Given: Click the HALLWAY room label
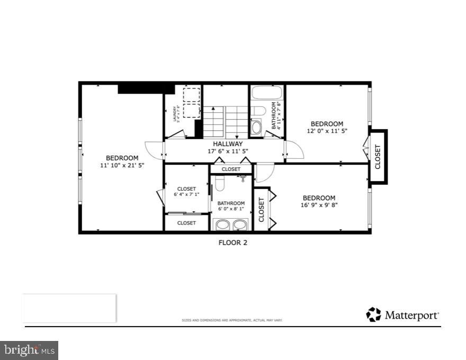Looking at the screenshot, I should coord(228,143).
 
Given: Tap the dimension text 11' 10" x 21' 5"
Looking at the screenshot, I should coord(122,165).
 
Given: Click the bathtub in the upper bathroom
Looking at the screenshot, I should coord(266,94).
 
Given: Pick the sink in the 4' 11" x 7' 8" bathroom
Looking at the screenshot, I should coord(256,127).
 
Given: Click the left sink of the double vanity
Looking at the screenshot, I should coord(222,224).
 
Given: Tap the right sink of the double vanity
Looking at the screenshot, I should coord(240,224).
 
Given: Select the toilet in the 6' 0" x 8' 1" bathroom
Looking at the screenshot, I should coord(220,183).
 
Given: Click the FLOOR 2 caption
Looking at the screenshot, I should coord(233,243).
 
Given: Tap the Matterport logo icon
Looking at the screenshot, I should coord(373,314).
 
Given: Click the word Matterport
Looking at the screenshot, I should coord(411,315).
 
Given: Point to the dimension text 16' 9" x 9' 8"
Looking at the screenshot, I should coord(319,205).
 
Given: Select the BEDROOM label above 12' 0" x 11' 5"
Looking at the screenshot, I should coord(327,124).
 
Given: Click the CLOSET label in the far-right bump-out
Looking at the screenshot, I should coord(378,157).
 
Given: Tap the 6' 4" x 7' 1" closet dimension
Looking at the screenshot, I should coord(186,195).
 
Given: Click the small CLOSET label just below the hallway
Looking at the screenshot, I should coord(231,169).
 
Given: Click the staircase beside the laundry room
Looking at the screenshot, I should coord(226,122).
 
